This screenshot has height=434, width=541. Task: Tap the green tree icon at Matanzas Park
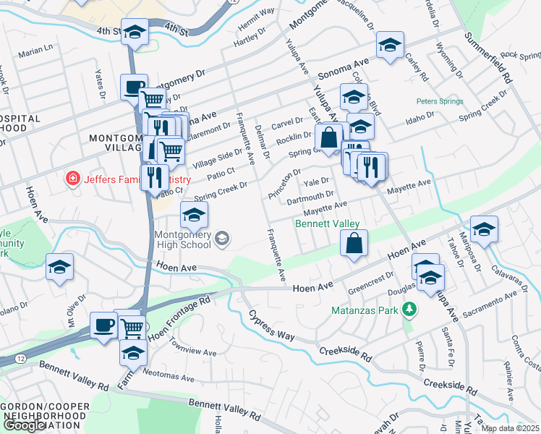click(x=410, y=310)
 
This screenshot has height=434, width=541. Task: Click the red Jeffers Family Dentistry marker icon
click(x=72, y=179)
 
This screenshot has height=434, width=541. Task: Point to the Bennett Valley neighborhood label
click(x=327, y=224)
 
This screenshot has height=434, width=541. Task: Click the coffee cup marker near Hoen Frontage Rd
click(x=103, y=325)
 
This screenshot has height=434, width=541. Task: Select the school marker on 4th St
click(x=134, y=33)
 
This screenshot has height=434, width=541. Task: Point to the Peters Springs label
click(x=438, y=102)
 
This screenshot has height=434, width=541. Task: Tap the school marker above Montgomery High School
click(x=193, y=215)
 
